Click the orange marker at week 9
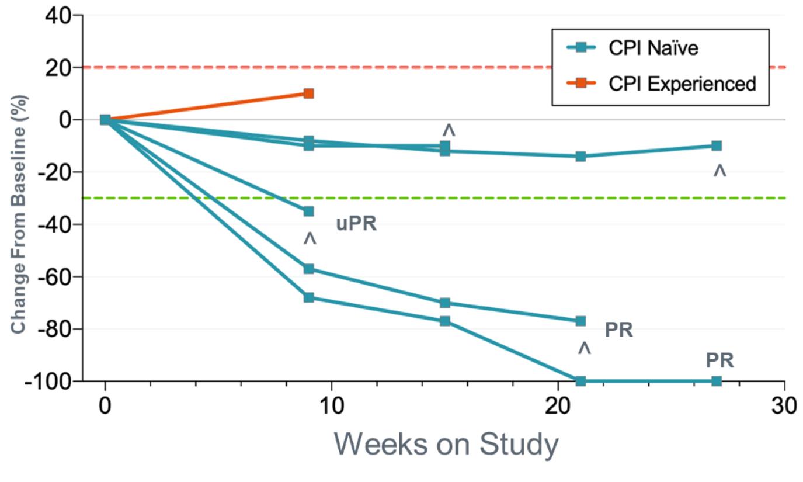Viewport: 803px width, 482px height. click(308, 93)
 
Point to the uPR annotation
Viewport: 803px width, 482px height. click(356, 224)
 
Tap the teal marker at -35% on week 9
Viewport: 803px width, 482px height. click(308, 211)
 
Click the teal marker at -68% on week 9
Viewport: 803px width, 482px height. click(308, 297)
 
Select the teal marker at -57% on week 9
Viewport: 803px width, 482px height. click(308, 269)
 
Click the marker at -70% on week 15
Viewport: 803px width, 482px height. click(445, 303)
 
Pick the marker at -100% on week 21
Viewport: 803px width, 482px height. click(580, 381)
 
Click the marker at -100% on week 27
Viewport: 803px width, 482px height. click(717, 381)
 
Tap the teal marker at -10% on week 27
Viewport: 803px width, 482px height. click(717, 145)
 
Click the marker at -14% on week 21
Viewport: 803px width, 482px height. click(580, 156)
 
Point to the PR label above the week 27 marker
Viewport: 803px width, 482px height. click(719, 360)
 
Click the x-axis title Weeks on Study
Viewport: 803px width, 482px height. click(446, 445)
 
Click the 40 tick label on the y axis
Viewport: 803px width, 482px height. click(58, 16)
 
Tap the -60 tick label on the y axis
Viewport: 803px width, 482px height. click(54, 276)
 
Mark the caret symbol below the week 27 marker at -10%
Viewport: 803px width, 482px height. click(719, 171)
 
